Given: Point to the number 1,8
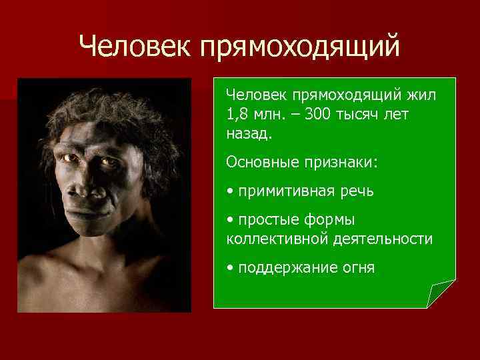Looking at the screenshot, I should (x=237, y=115).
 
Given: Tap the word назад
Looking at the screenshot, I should (x=249, y=133).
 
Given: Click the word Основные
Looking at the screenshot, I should (x=257, y=162).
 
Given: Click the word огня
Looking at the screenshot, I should (x=357, y=268).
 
